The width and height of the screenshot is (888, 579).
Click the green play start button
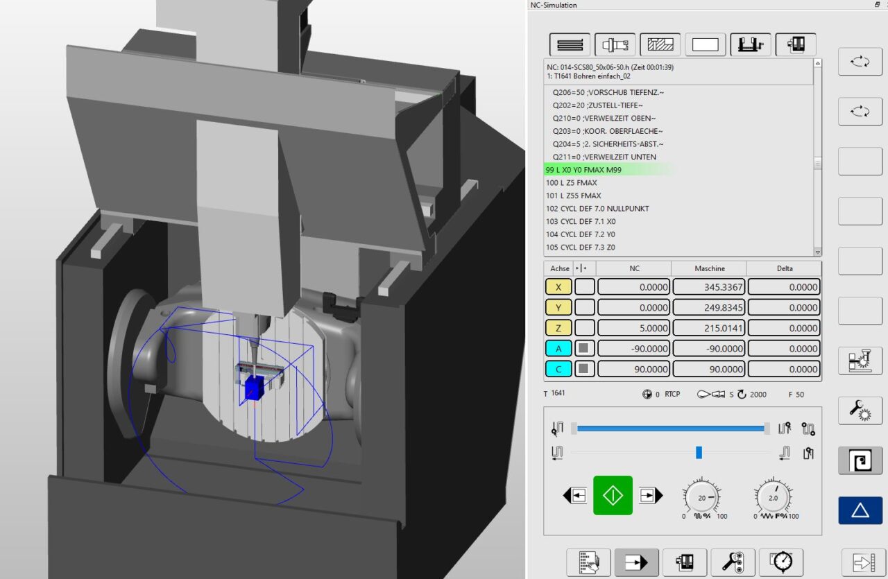[613, 495]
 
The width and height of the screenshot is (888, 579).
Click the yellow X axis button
[558, 287]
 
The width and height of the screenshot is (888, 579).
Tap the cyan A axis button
[558, 349]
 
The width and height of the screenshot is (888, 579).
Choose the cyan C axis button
[558, 370]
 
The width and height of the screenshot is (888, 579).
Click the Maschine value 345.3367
[708, 287]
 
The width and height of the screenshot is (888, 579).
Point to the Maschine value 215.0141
[708, 328]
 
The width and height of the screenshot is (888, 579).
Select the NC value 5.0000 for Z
[633, 328]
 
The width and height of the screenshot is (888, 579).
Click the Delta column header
[783, 268]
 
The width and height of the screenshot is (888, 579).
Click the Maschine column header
[708, 268]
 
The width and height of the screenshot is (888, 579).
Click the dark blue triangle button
[860, 510]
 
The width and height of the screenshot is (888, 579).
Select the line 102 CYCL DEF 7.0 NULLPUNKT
[597, 209]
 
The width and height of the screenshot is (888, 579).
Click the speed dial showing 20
[701, 498]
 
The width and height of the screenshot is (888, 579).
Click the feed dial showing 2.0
[773, 498]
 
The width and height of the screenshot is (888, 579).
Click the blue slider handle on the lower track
[699, 453]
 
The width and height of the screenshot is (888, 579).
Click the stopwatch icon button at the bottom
[781, 562]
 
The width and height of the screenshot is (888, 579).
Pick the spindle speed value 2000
[758, 395]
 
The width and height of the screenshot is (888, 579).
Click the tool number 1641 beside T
[558, 394]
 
